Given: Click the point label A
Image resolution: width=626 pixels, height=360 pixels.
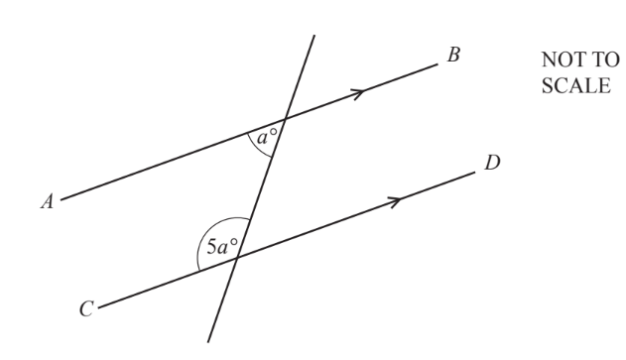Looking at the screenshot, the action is pyautogui.click(x=46, y=201).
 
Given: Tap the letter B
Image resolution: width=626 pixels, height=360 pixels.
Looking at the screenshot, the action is pyautogui.click(x=453, y=55).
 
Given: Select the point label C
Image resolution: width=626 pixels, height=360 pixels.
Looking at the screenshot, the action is pyautogui.click(x=86, y=310).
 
